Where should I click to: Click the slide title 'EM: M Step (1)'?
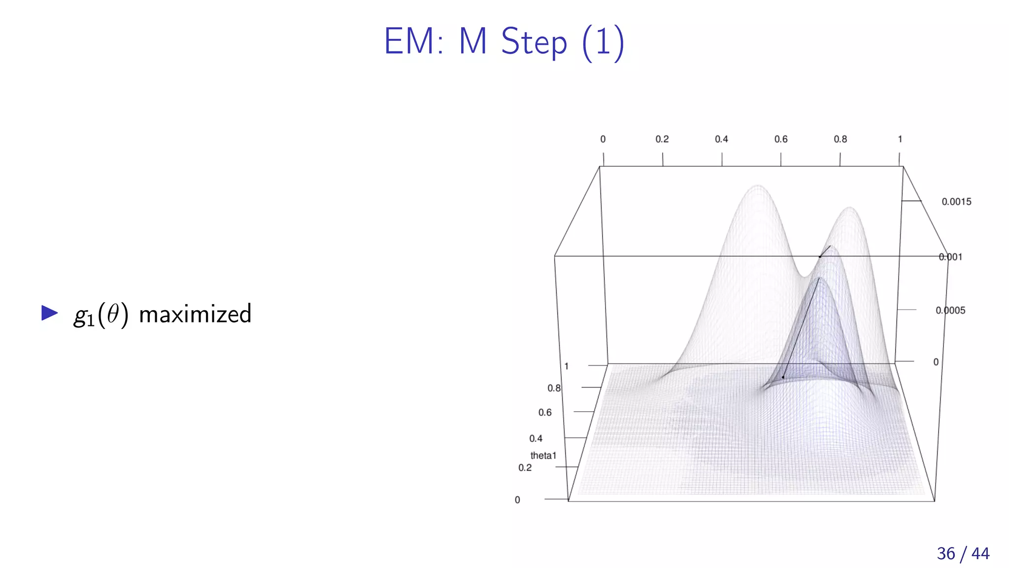point(504,42)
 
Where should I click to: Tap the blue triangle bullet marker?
point(49,313)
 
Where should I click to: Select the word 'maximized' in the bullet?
point(195,314)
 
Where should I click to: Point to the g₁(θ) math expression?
point(101,315)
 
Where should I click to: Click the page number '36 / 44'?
point(963,553)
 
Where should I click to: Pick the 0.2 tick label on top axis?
point(662,140)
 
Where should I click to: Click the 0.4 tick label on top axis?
point(721,140)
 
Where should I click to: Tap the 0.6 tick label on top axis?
point(780,140)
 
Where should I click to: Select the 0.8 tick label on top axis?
point(840,140)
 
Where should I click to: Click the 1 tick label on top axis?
point(900,140)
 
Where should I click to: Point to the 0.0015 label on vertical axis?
point(956,202)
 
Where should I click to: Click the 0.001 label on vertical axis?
point(950,257)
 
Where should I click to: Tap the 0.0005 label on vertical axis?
point(950,311)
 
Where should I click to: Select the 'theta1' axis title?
point(543,456)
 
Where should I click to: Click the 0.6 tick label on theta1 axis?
point(545,413)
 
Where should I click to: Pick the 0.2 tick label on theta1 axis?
point(525,468)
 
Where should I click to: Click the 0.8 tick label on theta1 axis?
point(554,389)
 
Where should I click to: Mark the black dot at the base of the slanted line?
point(783,377)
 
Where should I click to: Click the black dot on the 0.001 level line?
point(820,256)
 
